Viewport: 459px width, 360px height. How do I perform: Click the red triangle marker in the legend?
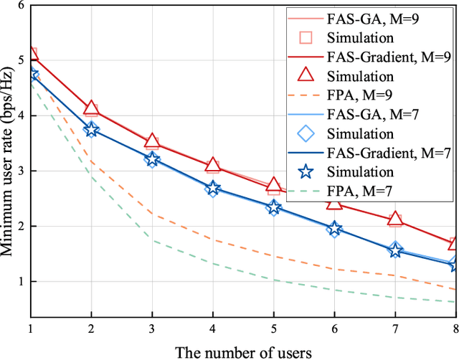pos(306,75)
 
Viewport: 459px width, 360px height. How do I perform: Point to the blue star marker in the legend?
pos(306,172)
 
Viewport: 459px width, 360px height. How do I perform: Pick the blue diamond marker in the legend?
pos(306,133)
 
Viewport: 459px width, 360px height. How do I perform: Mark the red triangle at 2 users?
pos(91,108)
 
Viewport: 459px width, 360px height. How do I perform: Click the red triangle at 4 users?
pos(212,166)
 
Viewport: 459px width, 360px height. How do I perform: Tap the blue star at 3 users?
pos(151,159)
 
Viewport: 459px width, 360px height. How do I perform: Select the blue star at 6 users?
pos(333,229)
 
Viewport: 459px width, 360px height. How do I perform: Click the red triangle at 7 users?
pos(394,219)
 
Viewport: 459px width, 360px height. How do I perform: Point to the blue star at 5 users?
pos(273,208)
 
